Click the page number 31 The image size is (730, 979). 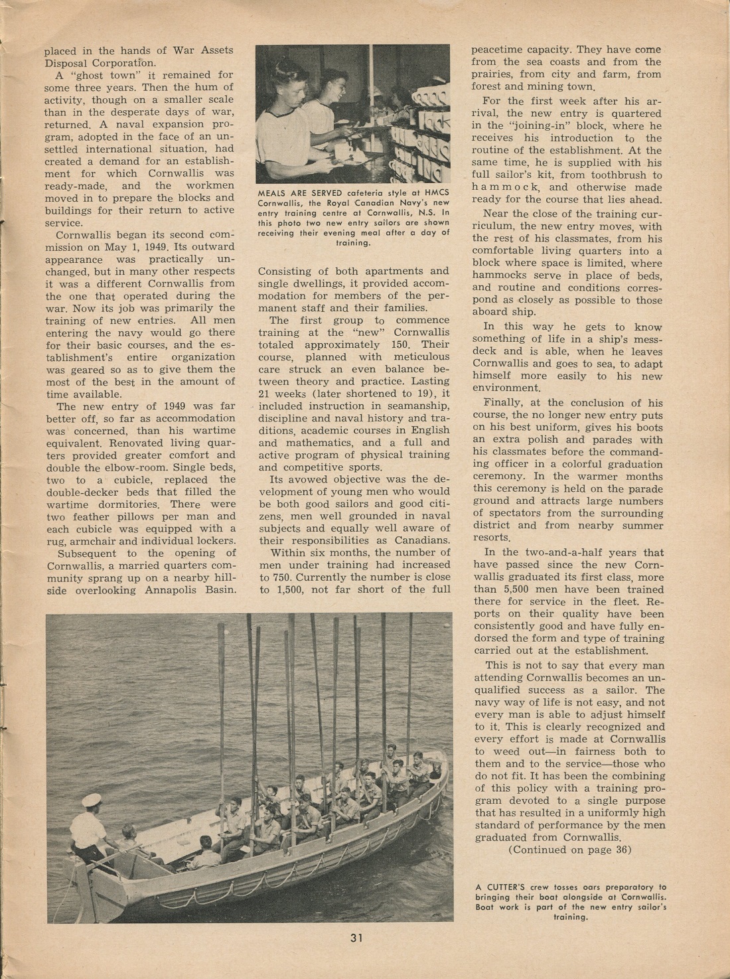(x=356, y=938)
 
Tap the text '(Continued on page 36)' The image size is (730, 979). (x=570, y=850)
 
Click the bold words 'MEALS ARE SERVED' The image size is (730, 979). (x=290, y=193)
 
